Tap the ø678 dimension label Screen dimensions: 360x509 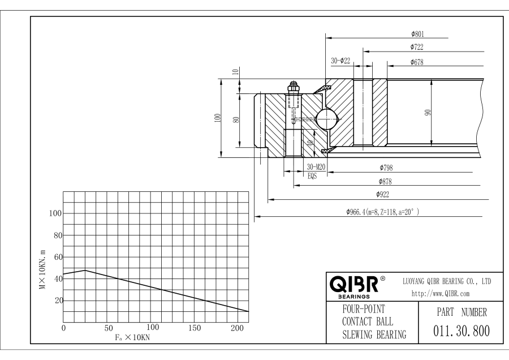coord(417,62)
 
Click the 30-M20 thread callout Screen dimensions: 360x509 coord(317,167)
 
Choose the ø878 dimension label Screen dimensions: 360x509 coord(385,182)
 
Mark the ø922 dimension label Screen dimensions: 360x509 coord(385,195)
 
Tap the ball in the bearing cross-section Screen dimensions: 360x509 coord(326,119)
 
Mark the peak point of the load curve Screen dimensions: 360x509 coord(85,270)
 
